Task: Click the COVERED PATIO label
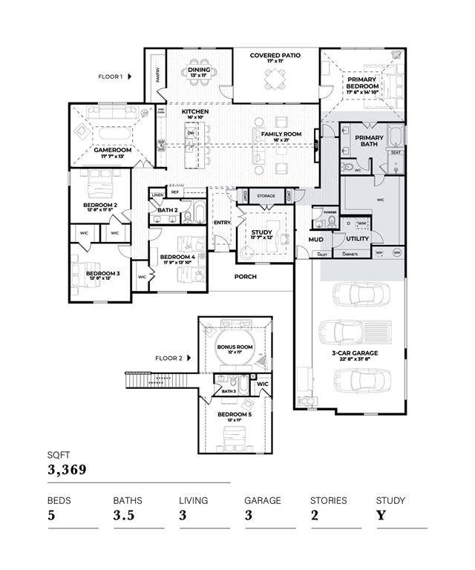coord(274,56)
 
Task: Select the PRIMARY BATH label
coord(369,141)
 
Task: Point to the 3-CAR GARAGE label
coord(355,353)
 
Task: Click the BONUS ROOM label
coord(235,347)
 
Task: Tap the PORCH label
coord(245,277)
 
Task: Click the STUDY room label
coord(261,232)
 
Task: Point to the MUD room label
coord(315,240)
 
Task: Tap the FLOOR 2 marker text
coord(168,358)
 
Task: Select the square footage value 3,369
coord(68,470)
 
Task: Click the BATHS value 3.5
coord(124,516)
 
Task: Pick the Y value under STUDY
coord(381,516)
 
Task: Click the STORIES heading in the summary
coord(328,500)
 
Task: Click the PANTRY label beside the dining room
coord(158,74)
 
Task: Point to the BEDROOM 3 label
coord(102,274)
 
